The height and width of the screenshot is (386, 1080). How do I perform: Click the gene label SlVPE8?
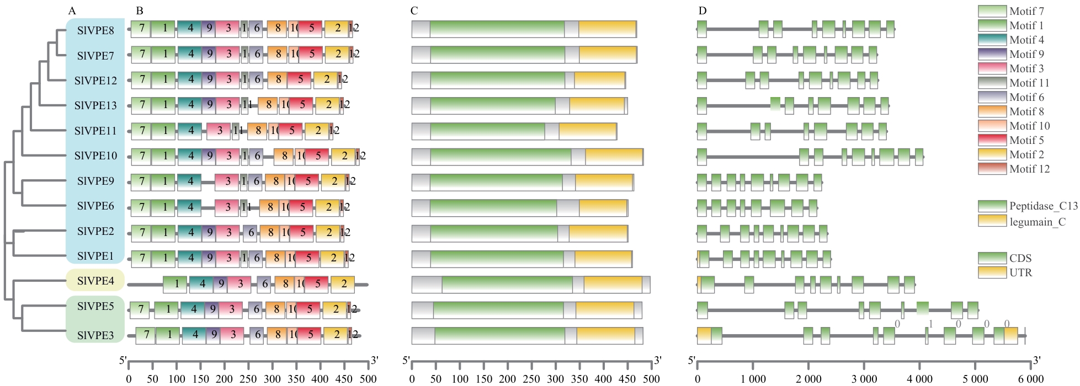pyautogui.click(x=95, y=30)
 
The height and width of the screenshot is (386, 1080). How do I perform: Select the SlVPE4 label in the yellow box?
pyautogui.click(x=95, y=281)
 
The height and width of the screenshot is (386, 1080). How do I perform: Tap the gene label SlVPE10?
pyautogui.click(x=95, y=156)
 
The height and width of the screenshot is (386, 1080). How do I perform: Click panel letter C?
pyautogui.click(x=414, y=11)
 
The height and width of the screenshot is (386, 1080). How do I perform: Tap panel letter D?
pyautogui.click(x=702, y=11)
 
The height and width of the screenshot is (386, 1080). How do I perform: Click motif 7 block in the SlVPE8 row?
pyautogui.click(x=142, y=29)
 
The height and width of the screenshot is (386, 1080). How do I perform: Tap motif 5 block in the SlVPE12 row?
pyautogui.click(x=300, y=80)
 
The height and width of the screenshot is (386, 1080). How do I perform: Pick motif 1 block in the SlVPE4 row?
pyautogui.click(x=177, y=285)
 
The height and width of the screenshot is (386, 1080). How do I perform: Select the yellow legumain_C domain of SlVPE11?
pyautogui.click(x=587, y=131)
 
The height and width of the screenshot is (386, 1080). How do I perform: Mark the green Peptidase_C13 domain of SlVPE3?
pyautogui.click(x=499, y=335)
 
